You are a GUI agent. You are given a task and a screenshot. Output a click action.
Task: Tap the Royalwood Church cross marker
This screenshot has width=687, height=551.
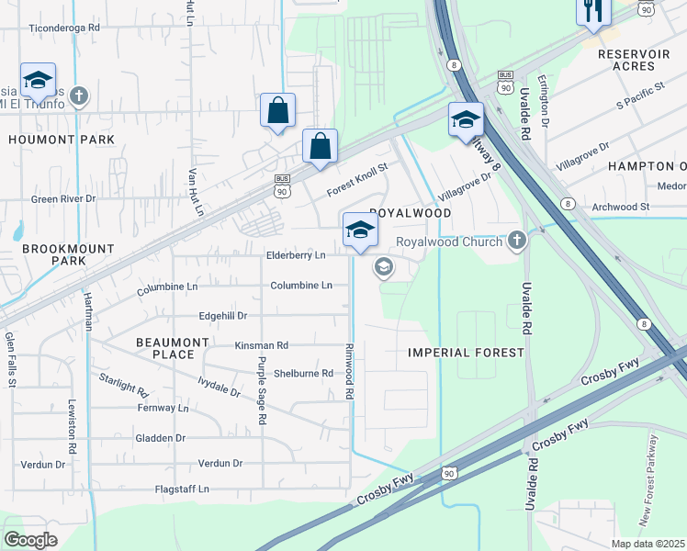[x=517, y=242]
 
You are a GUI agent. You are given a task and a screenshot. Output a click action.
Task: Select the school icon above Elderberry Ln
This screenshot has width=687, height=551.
[x=360, y=231]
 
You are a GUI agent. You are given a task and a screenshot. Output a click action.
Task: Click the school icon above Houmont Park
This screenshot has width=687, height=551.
[x=38, y=81]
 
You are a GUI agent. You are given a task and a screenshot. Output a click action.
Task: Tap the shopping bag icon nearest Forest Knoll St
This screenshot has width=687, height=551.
[x=320, y=147]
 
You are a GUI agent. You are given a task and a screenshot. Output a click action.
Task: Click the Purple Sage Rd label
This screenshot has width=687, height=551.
[x=262, y=390]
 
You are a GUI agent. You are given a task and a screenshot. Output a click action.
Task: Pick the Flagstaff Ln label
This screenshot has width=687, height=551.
[x=182, y=489]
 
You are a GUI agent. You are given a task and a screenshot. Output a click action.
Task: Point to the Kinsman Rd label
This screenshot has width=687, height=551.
[x=262, y=345]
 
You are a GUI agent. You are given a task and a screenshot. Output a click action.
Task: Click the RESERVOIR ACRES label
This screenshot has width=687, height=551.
[x=633, y=61]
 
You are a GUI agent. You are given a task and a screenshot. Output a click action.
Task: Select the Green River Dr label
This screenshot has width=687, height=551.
[x=63, y=198]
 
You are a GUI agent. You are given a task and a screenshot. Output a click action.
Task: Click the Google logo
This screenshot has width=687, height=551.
[x=30, y=539]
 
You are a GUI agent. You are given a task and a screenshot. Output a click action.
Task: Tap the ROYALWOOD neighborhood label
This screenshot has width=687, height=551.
[x=411, y=212]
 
